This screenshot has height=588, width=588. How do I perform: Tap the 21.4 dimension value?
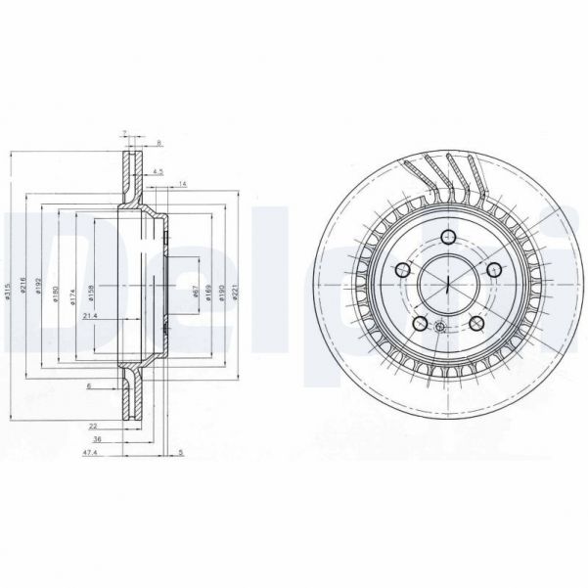point(90,316)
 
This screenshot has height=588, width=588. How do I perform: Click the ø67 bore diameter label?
point(196,293)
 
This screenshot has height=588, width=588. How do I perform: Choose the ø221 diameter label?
point(236,293)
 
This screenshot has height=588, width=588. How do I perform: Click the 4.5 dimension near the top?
point(158,173)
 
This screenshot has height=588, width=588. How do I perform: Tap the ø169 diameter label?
point(209,293)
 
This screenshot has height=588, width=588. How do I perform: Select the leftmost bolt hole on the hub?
point(403,270)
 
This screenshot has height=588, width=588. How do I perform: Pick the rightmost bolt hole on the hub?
point(494,269)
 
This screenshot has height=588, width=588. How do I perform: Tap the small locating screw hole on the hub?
point(439,327)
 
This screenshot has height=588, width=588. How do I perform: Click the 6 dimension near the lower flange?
point(88,386)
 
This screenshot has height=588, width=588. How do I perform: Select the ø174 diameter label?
point(71,294)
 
